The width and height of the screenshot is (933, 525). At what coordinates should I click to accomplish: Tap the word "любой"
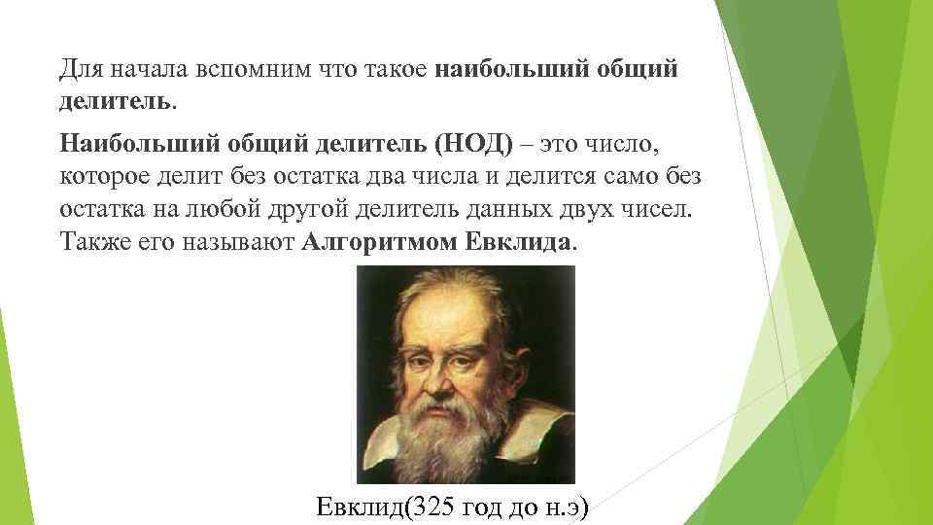coord(251,210)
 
